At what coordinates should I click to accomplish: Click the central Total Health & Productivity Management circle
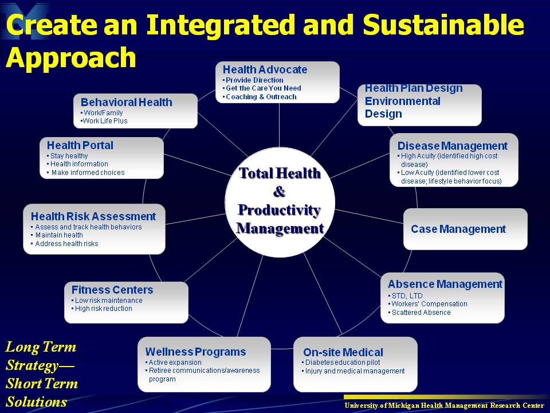(280, 202)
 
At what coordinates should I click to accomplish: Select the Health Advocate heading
(265, 69)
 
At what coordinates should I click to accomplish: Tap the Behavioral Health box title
(126, 102)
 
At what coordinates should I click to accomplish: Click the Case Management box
(465, 229)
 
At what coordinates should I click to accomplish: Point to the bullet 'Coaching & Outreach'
(261, 97)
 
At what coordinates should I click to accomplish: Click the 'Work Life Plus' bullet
(105, 121)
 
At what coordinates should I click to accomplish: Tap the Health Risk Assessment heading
(93, 216)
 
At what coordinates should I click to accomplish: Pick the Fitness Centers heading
(112, 290)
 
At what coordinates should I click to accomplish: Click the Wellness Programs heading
(195, 352)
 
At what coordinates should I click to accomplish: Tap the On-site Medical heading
(343, 352)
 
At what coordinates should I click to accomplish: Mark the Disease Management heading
(452, 146)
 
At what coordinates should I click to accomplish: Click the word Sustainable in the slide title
(443, 25)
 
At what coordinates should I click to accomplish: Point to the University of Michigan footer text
(444, 406)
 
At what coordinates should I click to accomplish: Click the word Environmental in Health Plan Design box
(402, 101)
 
